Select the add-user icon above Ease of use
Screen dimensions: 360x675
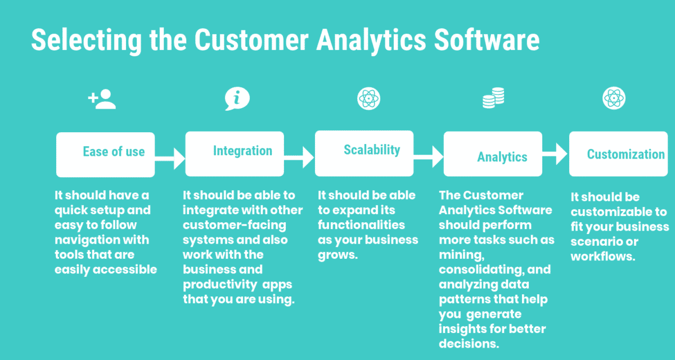coord(102,100)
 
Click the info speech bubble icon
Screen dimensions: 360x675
coord(237,99)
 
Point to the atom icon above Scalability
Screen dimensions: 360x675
coord(368,99)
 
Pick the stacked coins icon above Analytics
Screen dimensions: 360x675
coord(493,100)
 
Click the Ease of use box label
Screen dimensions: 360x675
coord(114,152)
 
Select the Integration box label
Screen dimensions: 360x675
coord(242,151)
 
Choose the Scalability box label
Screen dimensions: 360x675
coord(372,150)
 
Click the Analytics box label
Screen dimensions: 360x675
coord(502,157)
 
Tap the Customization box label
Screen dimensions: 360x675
coord(625,154)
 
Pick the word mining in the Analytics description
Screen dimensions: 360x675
coord(457,255)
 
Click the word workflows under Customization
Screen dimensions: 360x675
coord(601,256)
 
